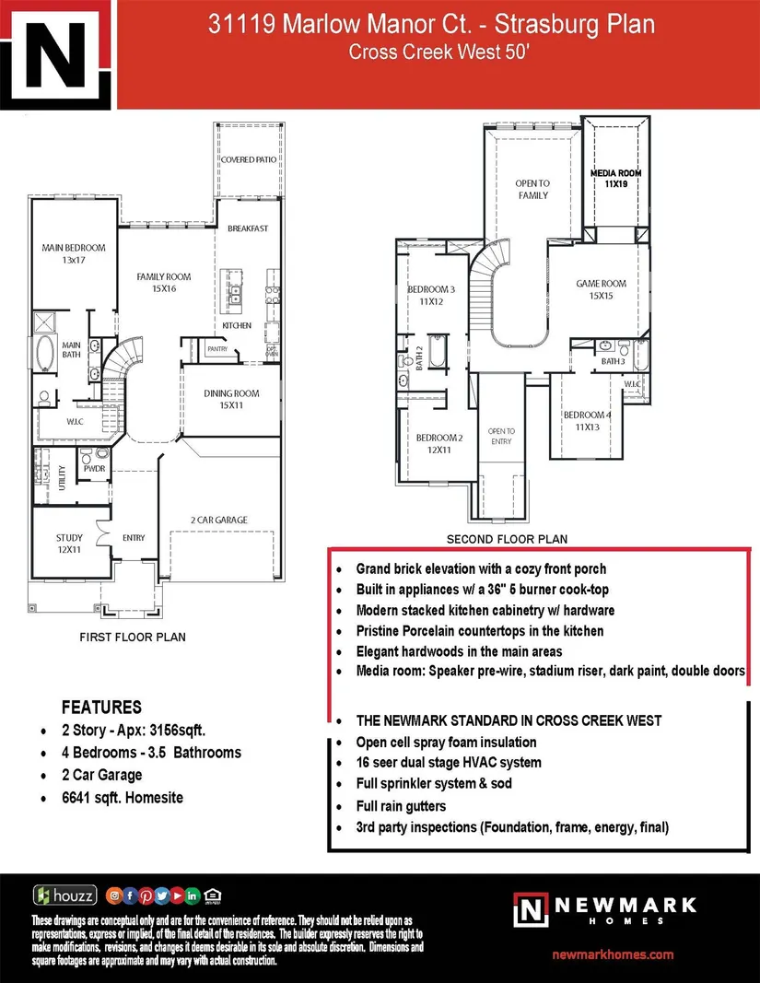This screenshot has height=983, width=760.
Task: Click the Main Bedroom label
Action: (x=74, y=254)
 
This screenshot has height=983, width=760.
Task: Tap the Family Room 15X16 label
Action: (x=164, y=282)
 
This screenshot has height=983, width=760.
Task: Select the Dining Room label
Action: (x=231, y=399)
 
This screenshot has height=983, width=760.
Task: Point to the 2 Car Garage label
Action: (x=219, y=520)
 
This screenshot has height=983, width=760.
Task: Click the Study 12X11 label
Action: (x=69, y=544)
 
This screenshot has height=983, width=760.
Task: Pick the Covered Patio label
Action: (x=248, y=159)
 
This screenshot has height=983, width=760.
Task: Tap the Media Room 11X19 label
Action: (x=615, y=179)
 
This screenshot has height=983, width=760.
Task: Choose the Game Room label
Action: (x=601, y=290)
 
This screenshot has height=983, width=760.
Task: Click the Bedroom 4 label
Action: (x=587, y=420)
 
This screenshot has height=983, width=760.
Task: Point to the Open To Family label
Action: (x=532, y=189)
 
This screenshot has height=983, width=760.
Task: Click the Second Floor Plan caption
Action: (x=507, y=539)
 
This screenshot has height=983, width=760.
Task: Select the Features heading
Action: (x=101, y=708)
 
